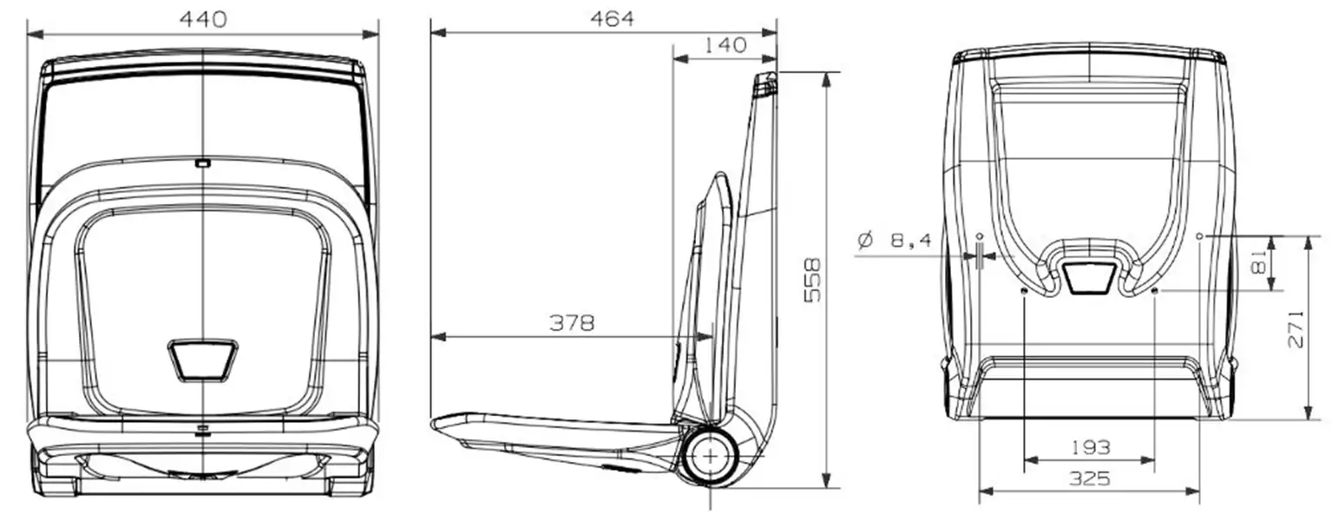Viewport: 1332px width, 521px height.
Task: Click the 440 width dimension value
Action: (202, 18)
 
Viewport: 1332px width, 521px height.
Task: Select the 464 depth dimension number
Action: (612, 18)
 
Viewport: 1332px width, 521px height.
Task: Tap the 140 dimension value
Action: (725, 45)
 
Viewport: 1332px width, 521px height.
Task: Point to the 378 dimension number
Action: (572, 323)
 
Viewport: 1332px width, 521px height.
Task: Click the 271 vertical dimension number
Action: (1296, 328)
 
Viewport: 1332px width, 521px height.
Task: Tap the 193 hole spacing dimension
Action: (1090, 447)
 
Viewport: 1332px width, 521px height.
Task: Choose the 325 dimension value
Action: (1090, 478)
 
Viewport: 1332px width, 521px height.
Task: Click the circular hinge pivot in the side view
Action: (711, 454)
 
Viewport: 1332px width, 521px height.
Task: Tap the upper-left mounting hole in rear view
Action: (980, 235)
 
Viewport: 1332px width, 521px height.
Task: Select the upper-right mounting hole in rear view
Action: (1200, 235)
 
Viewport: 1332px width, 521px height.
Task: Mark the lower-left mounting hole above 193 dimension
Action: (1025, 291)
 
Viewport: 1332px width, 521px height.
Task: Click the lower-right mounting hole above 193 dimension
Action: (1155, 291)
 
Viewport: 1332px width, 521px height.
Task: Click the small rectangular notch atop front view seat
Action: (202, 162)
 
